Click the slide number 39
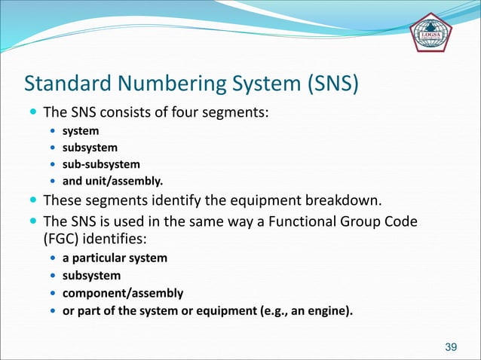(452, 346)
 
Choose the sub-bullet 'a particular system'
(115, 258)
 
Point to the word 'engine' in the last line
(326, 310)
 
